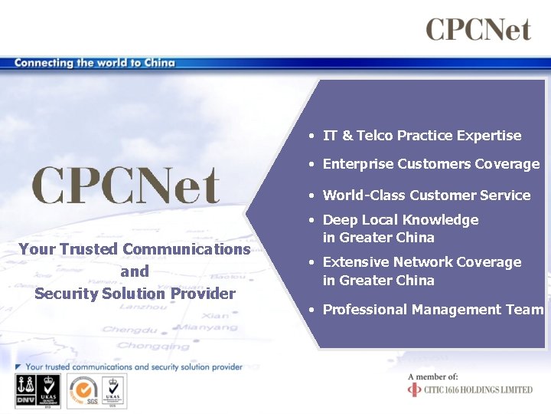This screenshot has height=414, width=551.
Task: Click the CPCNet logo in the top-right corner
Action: tap(478, 30)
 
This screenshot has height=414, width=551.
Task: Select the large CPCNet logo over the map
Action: tap(126, 186)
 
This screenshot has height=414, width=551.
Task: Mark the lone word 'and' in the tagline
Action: tap(135, 271)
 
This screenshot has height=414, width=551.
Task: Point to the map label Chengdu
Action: tap(126, 329)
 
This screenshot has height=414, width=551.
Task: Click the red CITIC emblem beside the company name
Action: tap(414, 389)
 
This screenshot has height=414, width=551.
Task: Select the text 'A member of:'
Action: tap(433, 376)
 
